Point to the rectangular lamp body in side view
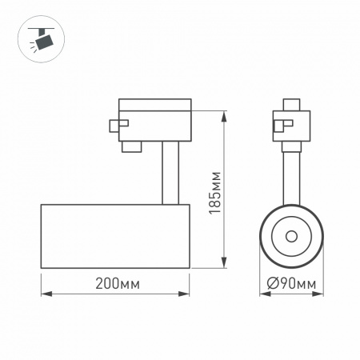pyautogui.click(x=114, y=235)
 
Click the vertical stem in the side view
pyautogui.click(x=169, y=171)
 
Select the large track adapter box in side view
pyautogui.click(x=154, y=118)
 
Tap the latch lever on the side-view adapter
pyautogui.click(x=118, y=124)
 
